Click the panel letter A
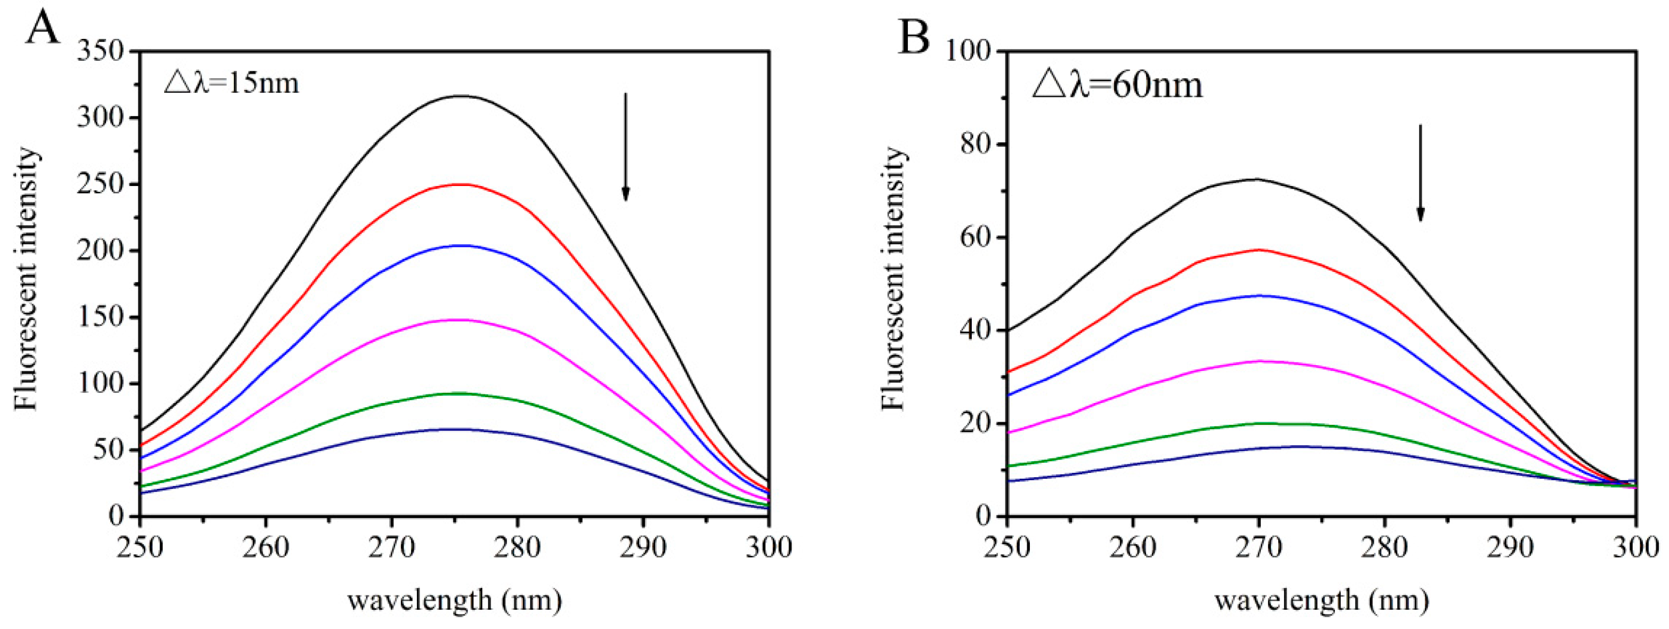tap(43, 27)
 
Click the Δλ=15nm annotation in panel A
tap(231, 83)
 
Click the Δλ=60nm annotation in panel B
tap(1117, 85)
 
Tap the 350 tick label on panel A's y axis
tap(100, 51)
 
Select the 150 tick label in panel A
tap(100, 317)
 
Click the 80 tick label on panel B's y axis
tap(977, 144)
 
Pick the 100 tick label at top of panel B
tap(970, 51)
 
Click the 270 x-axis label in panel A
tap(391, 548)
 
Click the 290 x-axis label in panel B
tap(1510, 548)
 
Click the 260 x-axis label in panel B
tap(1133, 548)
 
